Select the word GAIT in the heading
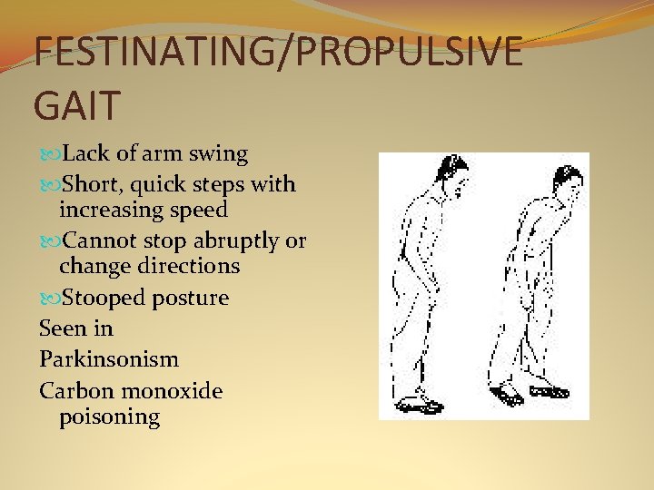(77, 104)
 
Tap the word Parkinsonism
(109, 359)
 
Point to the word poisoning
(109, 416)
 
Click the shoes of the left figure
(421, 402)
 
